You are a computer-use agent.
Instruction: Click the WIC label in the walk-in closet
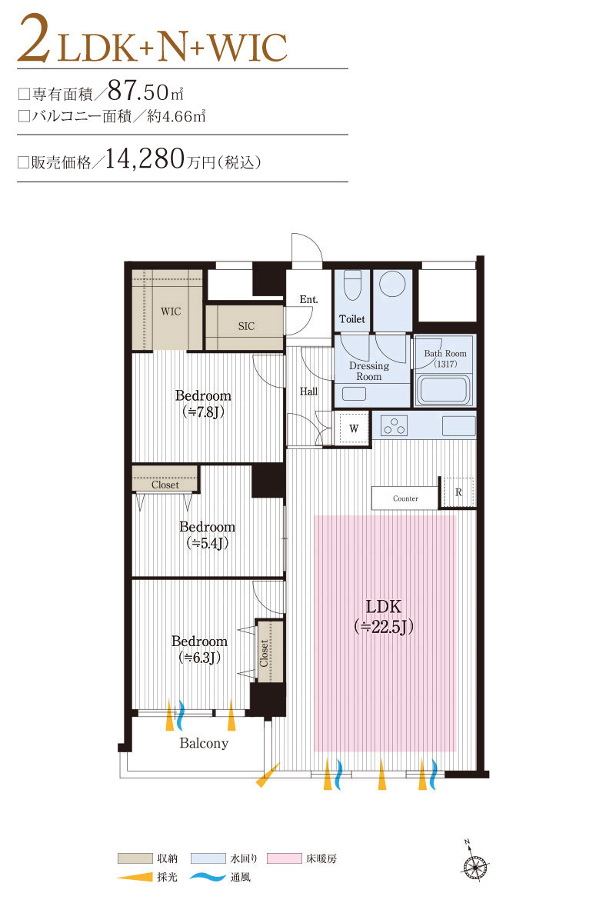pos(171,312)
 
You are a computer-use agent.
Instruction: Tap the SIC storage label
pos(246,326)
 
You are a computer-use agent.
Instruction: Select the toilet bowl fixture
pos(352,285)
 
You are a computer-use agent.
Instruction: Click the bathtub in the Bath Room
pos(443,389)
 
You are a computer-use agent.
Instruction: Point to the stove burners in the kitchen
pos(395,426)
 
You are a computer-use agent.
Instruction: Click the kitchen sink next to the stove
pos(459,425)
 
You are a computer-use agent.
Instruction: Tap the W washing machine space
pos(354,428)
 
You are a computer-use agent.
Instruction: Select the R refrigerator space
pos(458,492)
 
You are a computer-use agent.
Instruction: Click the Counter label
pos(405,498)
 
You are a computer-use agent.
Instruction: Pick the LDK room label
pos(384,607)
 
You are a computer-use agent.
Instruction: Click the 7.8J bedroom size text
pos(203,412)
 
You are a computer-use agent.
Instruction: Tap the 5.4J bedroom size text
pos(207,543)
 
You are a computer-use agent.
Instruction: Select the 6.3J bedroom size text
pos(199,658)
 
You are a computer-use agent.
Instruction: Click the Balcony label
pos(204,743)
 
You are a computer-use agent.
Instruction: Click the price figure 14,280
pos(145,159)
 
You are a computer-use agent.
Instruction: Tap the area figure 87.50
pos(138,91)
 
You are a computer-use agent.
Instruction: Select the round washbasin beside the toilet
pos(392,284)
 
